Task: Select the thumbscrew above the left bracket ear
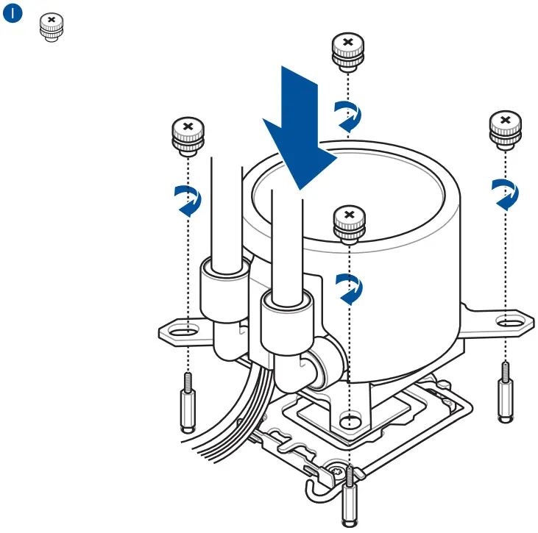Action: (x=188, y=137)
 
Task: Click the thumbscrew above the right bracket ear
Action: (x=505, y=130)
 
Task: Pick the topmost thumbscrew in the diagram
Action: (x=349, y=51)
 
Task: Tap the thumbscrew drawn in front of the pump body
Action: (x=350, y=223)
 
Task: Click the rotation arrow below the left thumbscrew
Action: (x=188, y=200)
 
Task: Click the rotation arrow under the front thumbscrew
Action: (x=350, y=288)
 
